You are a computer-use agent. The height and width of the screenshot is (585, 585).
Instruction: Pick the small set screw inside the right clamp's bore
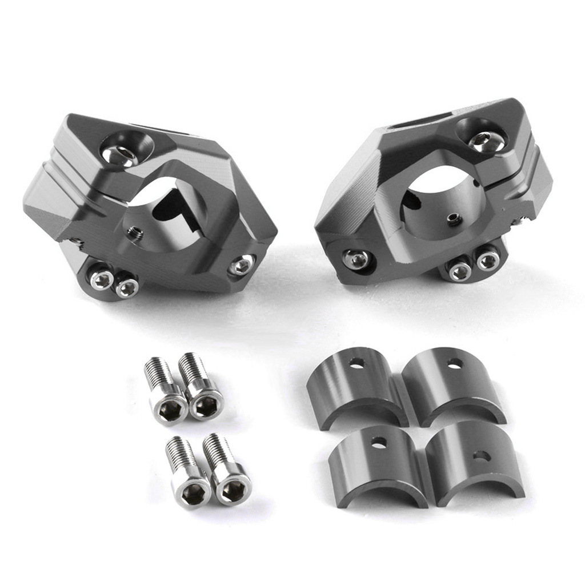(x=454, y=217)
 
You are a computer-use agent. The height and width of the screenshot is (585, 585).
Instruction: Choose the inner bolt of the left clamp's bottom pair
(x=126, y=288)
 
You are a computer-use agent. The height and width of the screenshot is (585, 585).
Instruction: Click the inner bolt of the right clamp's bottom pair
(x=460, y=271)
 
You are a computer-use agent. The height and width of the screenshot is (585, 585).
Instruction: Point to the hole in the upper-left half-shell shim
(x=357, y=362)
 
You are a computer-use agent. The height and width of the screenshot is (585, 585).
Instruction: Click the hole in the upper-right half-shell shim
(x=455, y=363)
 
